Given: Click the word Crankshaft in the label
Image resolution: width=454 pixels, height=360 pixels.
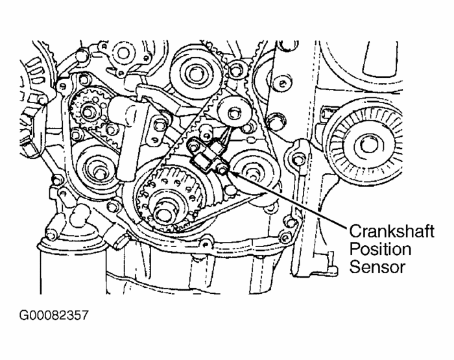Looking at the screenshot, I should (391, 232).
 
